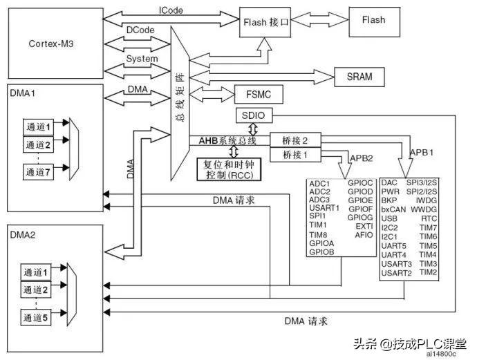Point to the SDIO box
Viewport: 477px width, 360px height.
[x=253, y=114]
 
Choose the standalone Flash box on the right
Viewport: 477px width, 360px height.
[x=373, y=20]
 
